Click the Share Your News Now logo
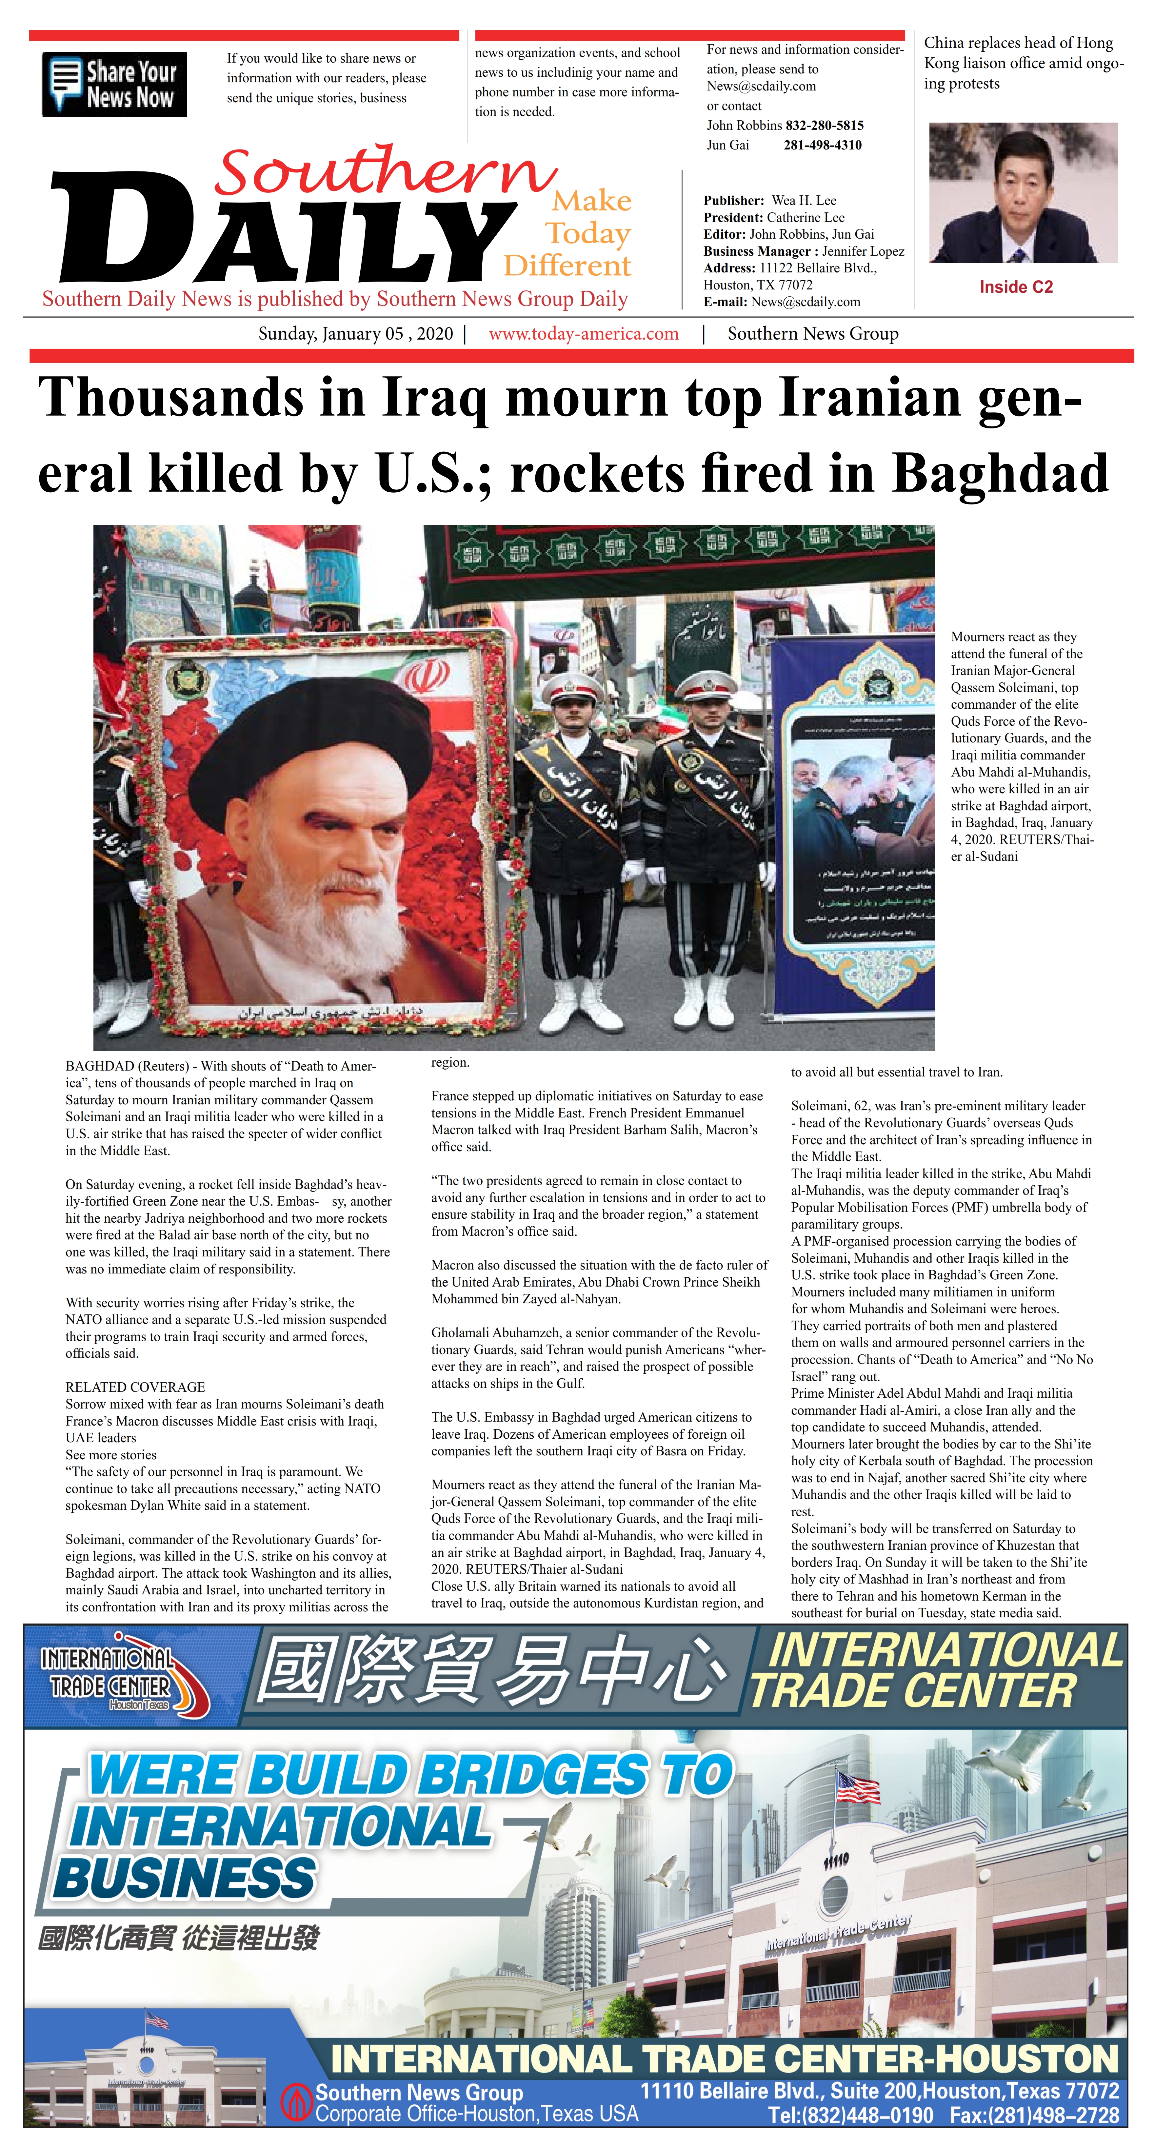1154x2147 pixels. coord(114,84)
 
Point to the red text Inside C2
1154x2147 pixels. coord(1016,287)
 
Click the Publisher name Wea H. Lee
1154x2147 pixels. coord(804,200)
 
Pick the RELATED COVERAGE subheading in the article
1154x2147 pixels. coord(135,1387)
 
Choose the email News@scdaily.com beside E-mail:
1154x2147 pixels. coord(806,302)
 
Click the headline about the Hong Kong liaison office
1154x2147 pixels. coord(1023,63)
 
